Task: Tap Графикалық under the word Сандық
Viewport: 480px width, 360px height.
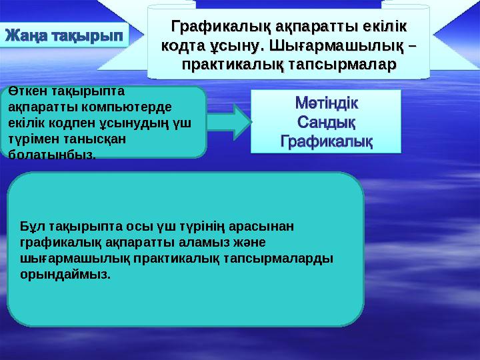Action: tap(326, 141)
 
